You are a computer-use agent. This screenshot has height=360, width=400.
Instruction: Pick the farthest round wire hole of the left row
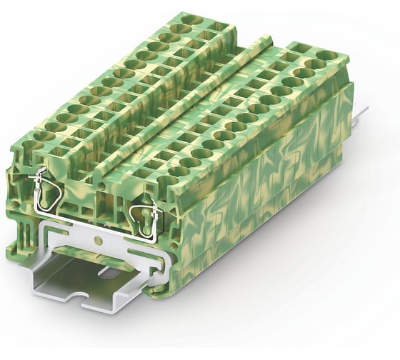[191, 19]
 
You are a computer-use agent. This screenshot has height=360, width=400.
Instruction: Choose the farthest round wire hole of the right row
[331, 54]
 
